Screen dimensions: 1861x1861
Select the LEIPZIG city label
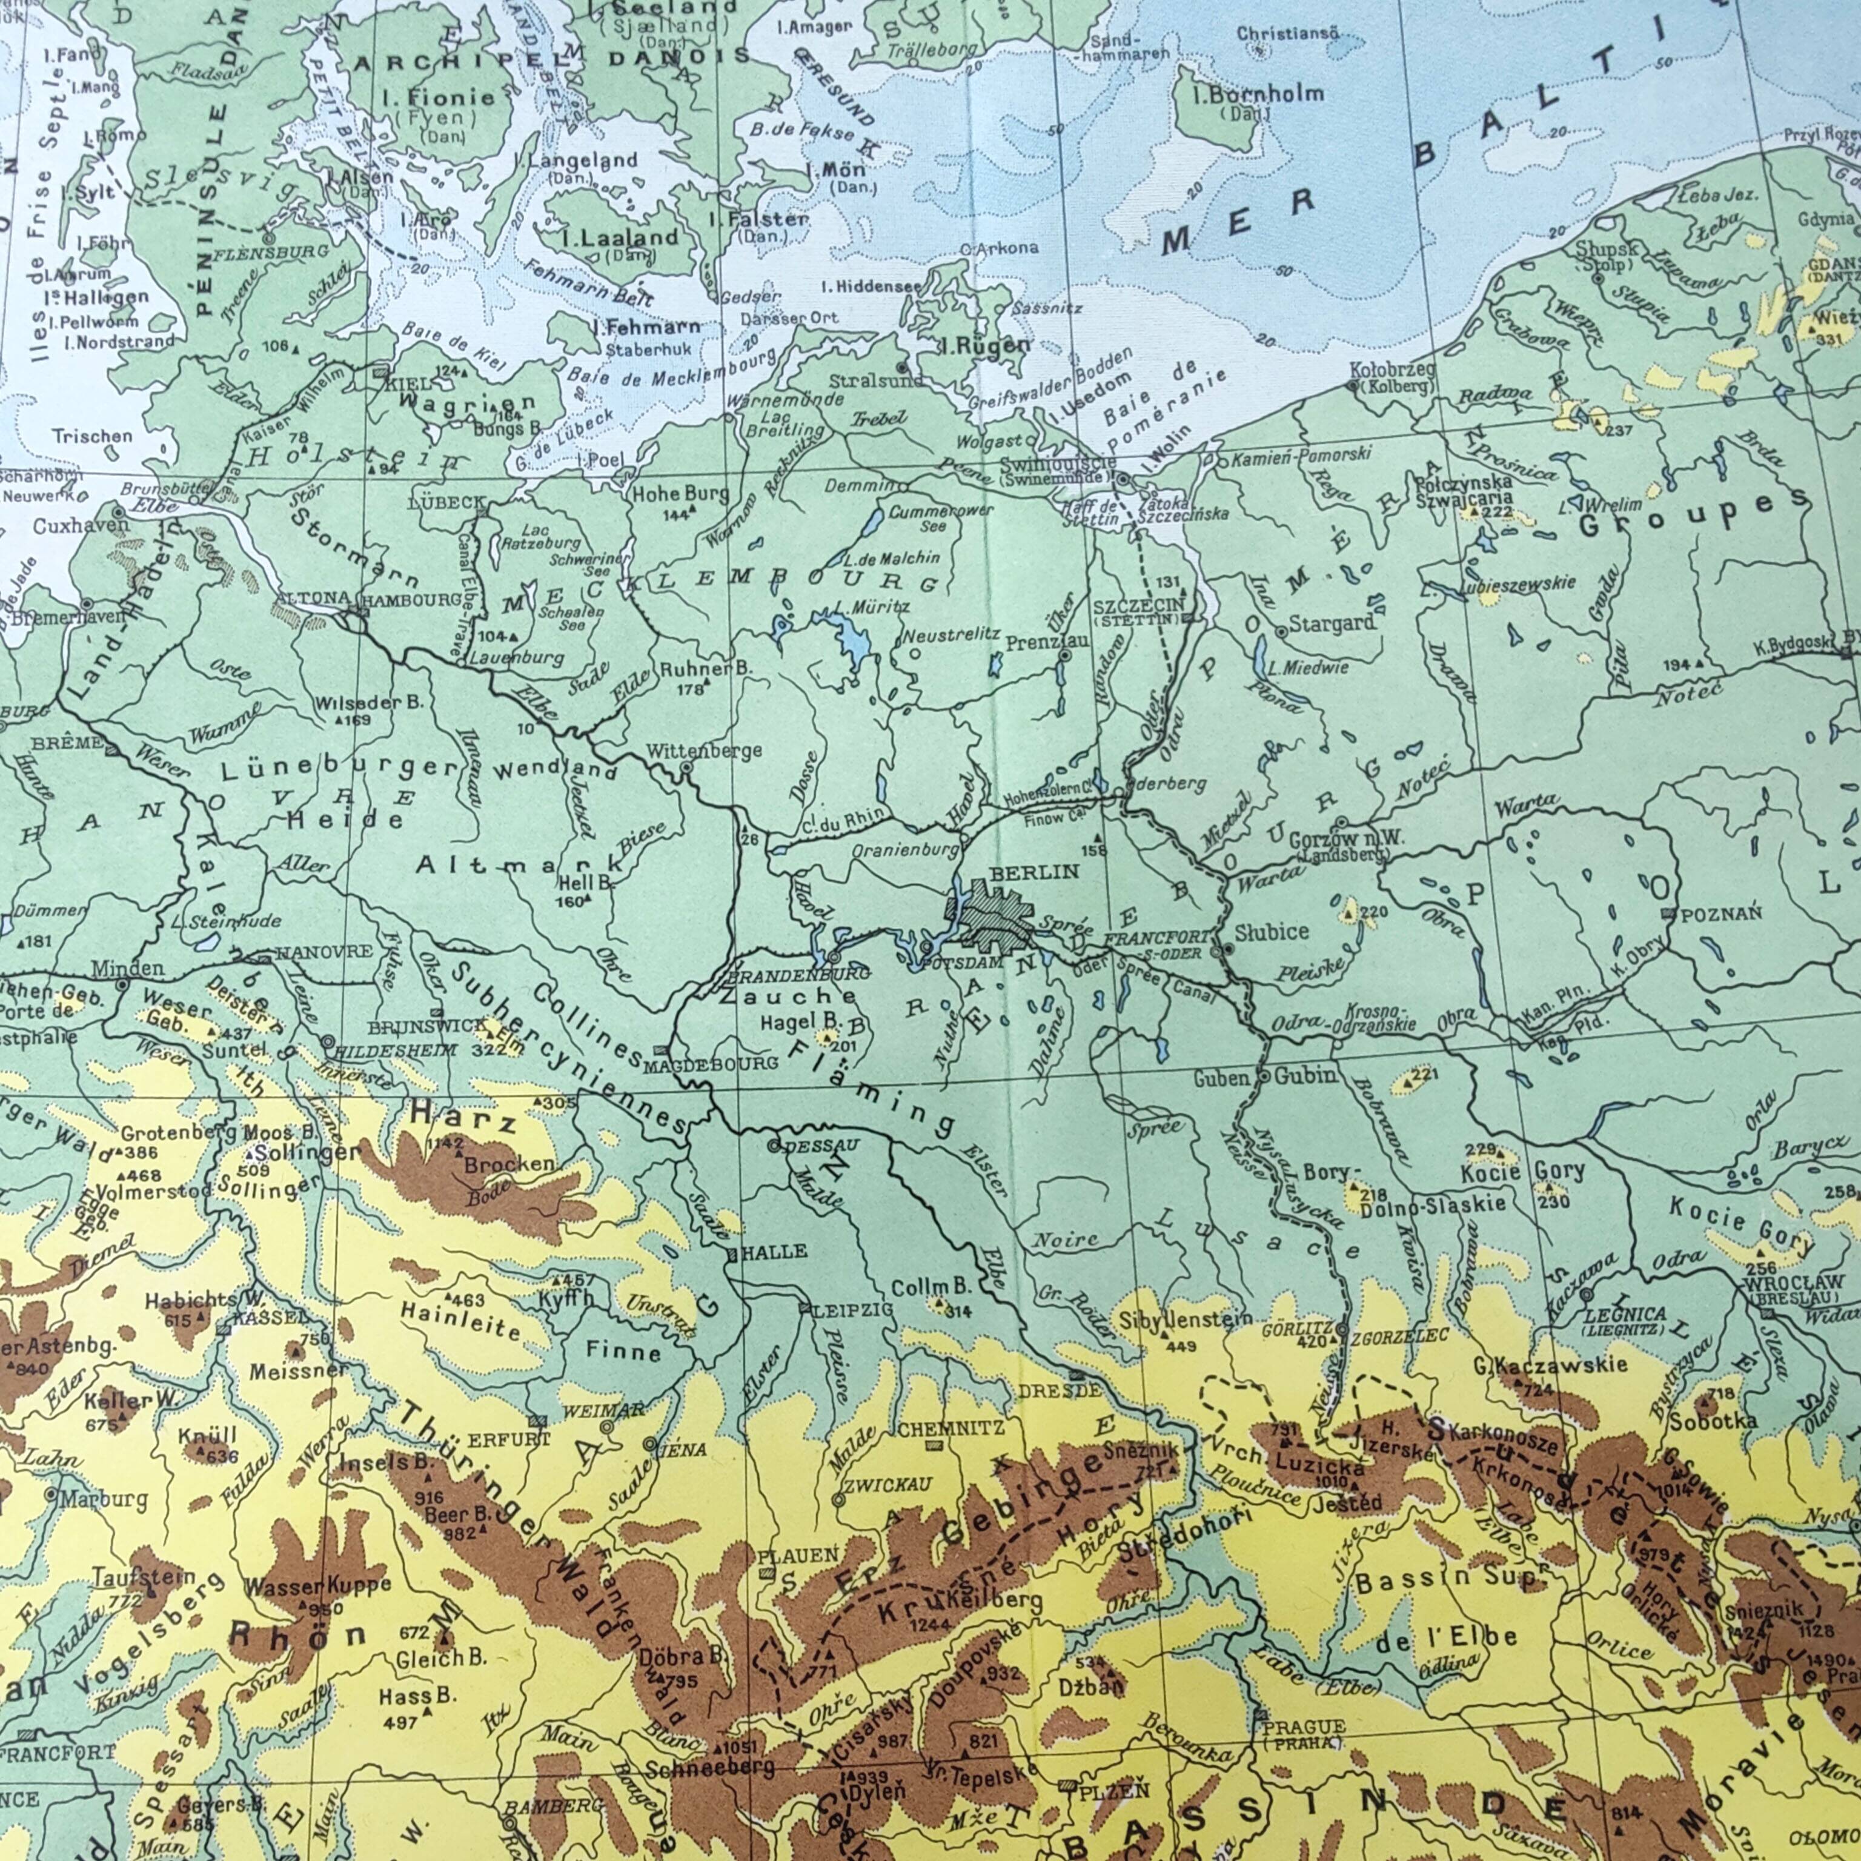point(854,1310)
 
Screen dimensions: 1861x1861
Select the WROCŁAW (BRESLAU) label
point(1794,1289)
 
